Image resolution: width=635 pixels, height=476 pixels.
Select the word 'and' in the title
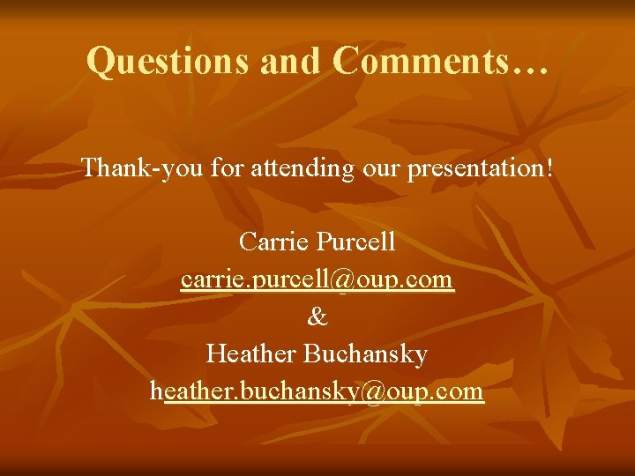(295, 62)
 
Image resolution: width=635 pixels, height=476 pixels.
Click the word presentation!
(482, 167)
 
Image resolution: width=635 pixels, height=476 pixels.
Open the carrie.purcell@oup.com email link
(317, 279)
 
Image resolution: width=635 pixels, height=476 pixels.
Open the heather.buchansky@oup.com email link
(317, 391)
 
